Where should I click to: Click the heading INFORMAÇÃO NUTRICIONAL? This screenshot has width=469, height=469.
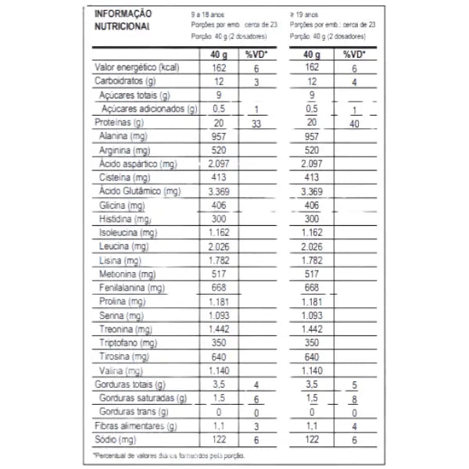pos(124,20)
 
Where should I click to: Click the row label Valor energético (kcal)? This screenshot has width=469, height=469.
pos(137,68)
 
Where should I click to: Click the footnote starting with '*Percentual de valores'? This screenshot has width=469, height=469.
pos(169,455)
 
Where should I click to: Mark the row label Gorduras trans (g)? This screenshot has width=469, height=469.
pos(133,412)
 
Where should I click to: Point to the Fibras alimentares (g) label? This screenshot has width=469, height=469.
pos(136,426)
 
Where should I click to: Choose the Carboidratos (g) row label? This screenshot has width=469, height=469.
pos(126,82)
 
